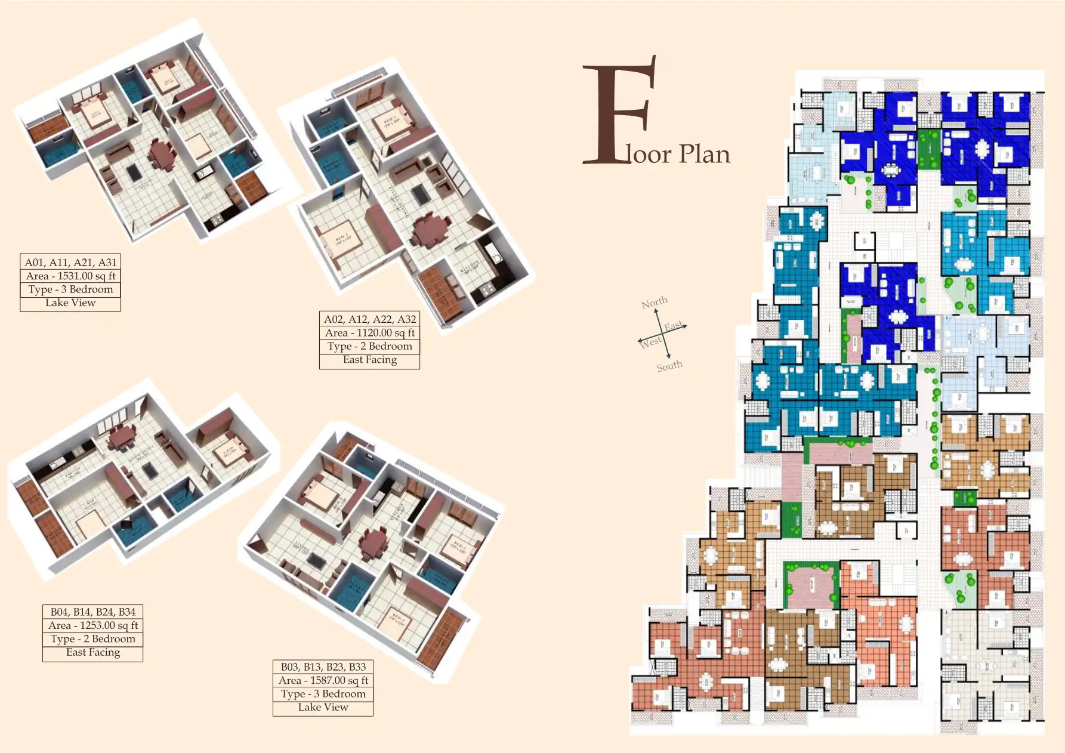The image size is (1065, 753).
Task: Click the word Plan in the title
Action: [704, 155]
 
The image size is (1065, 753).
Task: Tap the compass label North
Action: [654, 303]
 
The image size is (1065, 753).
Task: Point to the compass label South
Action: [669, 366]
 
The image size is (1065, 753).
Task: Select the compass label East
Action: [674, 326]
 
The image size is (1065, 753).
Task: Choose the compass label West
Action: [650, 342]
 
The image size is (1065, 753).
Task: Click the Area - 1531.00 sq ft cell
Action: [70, 276]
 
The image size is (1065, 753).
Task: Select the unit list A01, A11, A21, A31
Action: [70, 262]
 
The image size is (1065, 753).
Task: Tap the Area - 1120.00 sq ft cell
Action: [370, 333]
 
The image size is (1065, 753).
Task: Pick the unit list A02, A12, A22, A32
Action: [370, 319]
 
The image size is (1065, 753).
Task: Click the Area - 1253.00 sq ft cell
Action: [93, 625]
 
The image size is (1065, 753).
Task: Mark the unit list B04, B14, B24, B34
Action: [93, 612]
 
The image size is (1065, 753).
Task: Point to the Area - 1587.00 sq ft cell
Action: [323, 680]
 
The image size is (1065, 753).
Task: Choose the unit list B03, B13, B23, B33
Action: [323, 666]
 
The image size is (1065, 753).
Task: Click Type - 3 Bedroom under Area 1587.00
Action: [323, 694]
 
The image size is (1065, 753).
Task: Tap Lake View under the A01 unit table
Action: [70, 303]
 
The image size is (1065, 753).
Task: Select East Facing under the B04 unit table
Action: [93, 652]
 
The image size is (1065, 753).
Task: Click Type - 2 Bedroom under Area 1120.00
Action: [370, 346]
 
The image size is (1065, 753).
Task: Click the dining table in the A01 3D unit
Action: [162, 155]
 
